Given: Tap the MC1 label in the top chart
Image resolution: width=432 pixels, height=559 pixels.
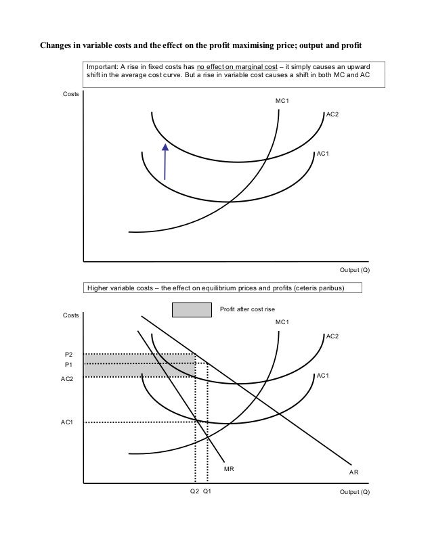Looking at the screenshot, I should [282, 100].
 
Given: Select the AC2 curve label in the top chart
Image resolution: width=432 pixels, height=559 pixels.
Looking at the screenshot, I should [332, 114].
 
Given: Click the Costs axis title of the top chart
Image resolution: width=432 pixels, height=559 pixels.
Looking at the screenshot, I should [70, 93].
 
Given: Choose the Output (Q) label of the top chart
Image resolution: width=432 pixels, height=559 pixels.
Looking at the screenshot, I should [354, 269].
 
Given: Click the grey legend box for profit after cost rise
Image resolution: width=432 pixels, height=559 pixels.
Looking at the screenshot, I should [192, 309].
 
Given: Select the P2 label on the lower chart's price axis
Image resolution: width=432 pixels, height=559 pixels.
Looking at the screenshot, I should [68, 354].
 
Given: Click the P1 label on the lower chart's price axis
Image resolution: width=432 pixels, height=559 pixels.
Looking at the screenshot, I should [68, 364].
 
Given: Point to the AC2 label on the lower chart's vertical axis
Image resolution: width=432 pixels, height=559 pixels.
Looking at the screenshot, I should [67, 379].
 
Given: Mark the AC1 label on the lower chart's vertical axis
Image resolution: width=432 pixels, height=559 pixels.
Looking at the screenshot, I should [67, 422].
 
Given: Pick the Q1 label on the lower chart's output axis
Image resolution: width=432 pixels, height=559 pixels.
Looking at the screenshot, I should [207, 492].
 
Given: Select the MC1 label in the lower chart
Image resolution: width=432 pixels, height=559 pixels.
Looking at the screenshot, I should [282, 322].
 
